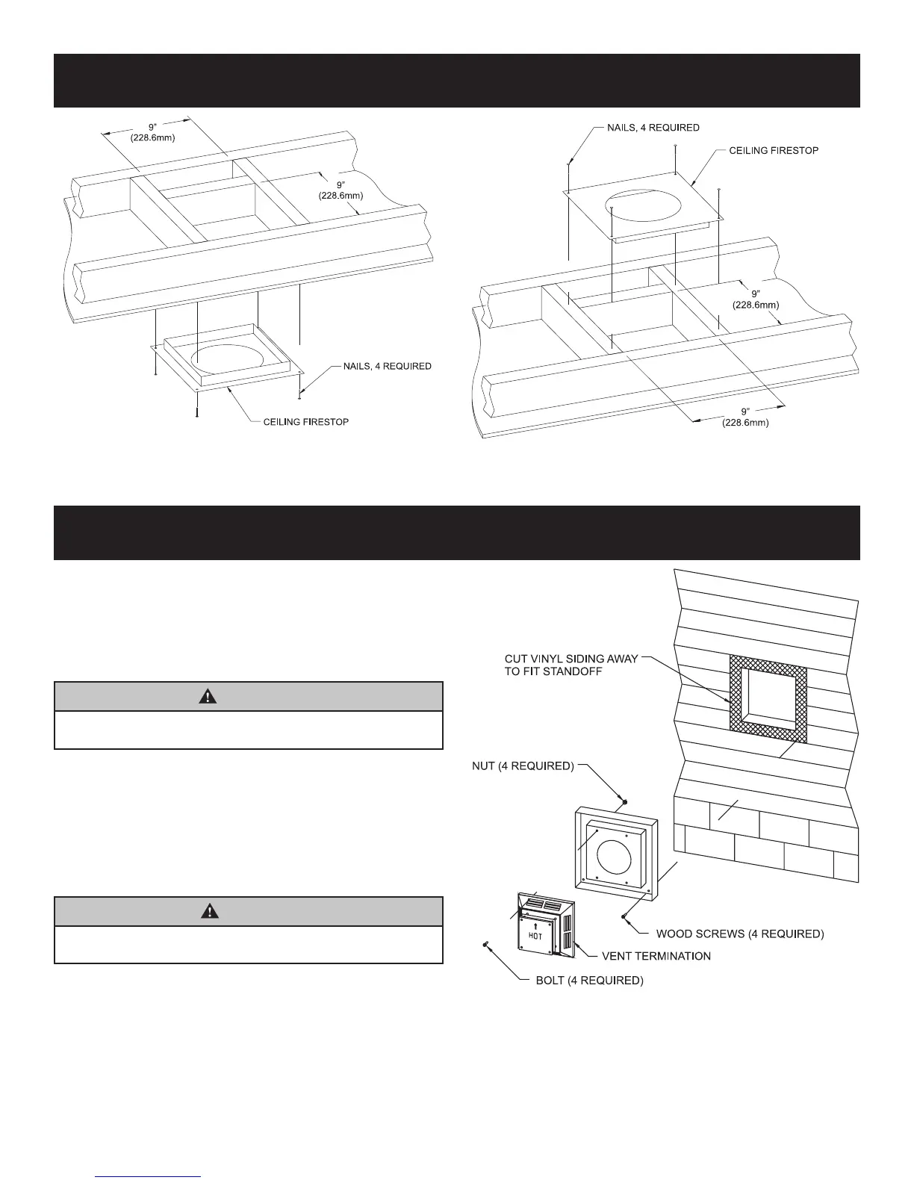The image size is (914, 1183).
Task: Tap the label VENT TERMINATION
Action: coord(656,956)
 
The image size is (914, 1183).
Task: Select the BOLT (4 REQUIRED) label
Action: coord(589,981)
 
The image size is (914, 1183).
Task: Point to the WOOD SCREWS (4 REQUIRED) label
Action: coord(740,934)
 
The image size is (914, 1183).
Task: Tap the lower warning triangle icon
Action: coord(210,911)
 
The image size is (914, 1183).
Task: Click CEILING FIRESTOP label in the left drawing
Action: coord(305,422)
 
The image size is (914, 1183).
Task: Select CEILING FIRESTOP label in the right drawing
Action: coord(774,151)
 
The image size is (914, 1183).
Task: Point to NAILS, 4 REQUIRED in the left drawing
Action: coord(387,366)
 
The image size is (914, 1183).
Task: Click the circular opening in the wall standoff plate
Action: coord(618,855)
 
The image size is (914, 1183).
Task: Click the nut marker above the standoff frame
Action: coord(625,803)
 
